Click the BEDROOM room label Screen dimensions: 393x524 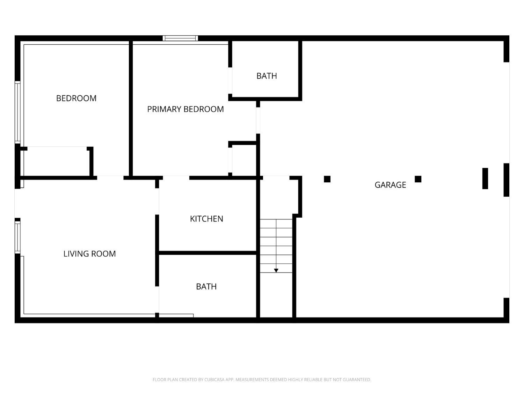pyautogui.click(x=76, y=98)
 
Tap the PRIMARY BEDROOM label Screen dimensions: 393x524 pyautogui.click(x=185, y=109)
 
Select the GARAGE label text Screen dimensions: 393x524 pyautogui.click(x=390, y=185)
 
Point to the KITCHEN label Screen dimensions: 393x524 pyautogui.click(x=206, y=219)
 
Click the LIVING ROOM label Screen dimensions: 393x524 pyautogui.click(x=89, y=254)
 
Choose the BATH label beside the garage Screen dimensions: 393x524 pyautogui.click(x=267, y=76)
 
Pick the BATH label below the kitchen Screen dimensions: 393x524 pyautogui.click(x=206, y=286)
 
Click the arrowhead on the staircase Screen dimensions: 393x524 pyautogui.click(x=276, y=270)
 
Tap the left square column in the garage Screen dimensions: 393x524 pyautogui.click(x=327, y=179)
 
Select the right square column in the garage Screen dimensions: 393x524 pyautogui.click(x=418, y=179)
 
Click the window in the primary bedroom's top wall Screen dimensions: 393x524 pyautogui.click(x=180, y=38)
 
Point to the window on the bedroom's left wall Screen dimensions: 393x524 pyautogui.click(x=17, y=112)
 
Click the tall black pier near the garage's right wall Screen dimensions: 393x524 pyautogui.click(x=485, y=179)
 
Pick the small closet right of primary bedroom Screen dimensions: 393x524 pyautogui.click(x=244, y=160)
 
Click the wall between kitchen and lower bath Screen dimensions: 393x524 pyautogui.click(x=208, y=253)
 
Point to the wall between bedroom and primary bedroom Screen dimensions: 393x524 pyautogui.click(x=131, y=108)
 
